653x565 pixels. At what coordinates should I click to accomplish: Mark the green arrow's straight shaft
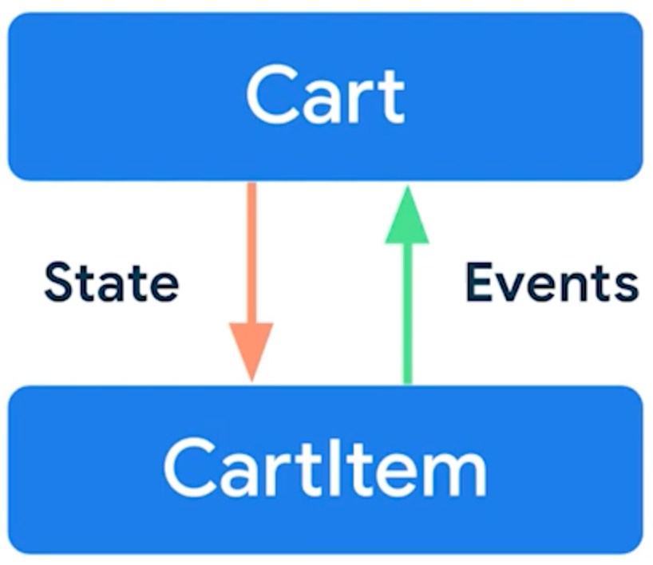click(x=407, y=311)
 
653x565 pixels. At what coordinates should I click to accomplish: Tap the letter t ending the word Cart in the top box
click(x=392, y=95)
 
